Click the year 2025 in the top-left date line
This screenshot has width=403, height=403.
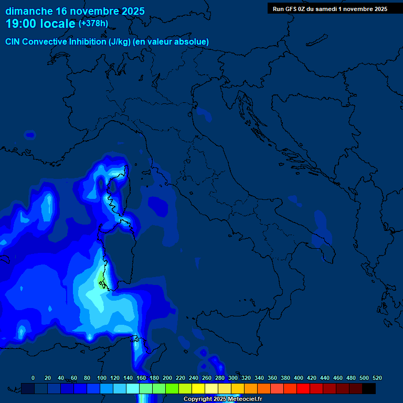131,11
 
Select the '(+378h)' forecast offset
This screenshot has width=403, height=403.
93,24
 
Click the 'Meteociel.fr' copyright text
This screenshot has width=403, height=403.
245,399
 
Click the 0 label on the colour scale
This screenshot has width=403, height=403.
33,378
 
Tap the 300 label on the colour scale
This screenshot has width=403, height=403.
233,378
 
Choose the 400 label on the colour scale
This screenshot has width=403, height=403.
299,378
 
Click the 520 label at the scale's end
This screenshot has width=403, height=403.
377,378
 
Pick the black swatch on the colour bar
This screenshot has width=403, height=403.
369,388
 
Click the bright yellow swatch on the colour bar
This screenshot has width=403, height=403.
198,388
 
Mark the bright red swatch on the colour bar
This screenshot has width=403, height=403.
303,388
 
